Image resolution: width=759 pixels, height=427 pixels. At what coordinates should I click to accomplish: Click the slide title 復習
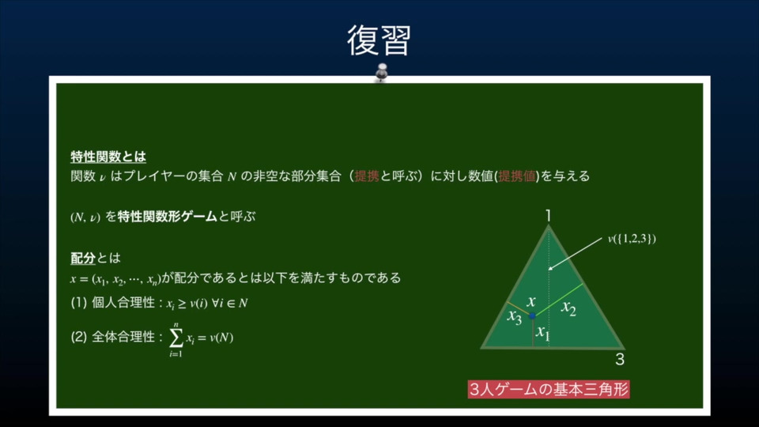click(379, 40)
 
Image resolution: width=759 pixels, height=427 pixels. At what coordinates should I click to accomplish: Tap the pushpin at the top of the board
click(382, 72)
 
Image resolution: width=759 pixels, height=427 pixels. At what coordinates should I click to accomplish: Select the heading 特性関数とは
click(108, 157)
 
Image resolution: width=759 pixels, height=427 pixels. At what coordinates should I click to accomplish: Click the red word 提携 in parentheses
click(366, 176)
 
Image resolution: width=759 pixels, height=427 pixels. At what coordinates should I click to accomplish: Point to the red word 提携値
click(517, 176)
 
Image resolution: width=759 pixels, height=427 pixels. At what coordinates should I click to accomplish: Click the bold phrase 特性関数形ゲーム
click(167, 217)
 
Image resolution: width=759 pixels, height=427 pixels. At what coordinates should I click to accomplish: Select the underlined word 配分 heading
click(83, 258)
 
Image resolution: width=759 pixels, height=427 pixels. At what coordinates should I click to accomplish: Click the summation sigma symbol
click(176, 338)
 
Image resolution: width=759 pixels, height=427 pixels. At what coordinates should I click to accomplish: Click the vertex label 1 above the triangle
click(549, 215)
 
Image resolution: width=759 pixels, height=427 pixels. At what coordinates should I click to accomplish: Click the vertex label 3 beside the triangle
click(620, 359)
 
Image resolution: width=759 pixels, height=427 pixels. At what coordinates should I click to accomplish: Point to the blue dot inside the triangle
click(532, 316)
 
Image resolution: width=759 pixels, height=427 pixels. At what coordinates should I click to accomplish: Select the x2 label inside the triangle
click(568, 308)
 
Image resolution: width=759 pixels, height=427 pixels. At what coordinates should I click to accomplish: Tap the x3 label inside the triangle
click(515, 317)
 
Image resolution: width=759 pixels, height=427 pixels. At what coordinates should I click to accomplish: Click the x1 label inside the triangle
click(543, 333)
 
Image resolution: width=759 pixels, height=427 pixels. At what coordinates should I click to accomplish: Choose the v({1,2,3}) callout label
click(632, 239)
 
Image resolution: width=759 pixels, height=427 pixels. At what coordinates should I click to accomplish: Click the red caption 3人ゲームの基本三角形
click(549, 389)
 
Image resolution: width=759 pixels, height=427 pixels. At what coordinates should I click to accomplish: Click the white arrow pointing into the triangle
click(575, 254)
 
